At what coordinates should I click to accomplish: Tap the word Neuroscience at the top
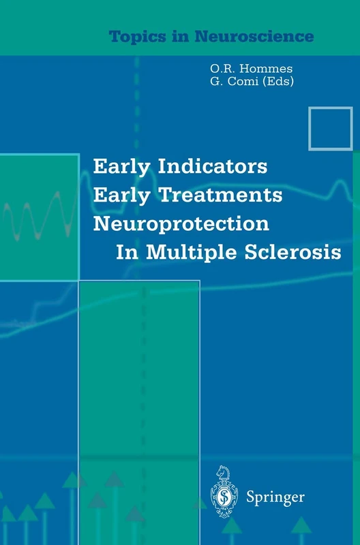click(x=271, y=35)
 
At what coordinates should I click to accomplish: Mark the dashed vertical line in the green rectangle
click(x=142, y=381)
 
